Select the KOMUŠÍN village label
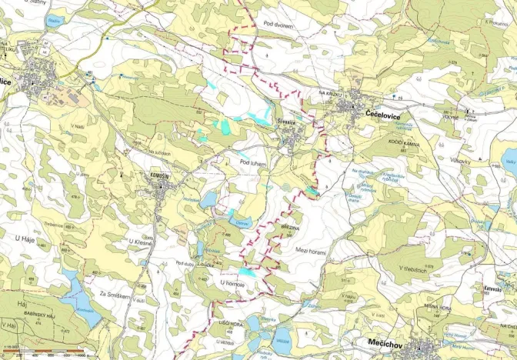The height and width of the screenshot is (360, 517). pyautogui.click(x=157, y=176)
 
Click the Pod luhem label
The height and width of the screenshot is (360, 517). pyautogui.click(x=252, y=162)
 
